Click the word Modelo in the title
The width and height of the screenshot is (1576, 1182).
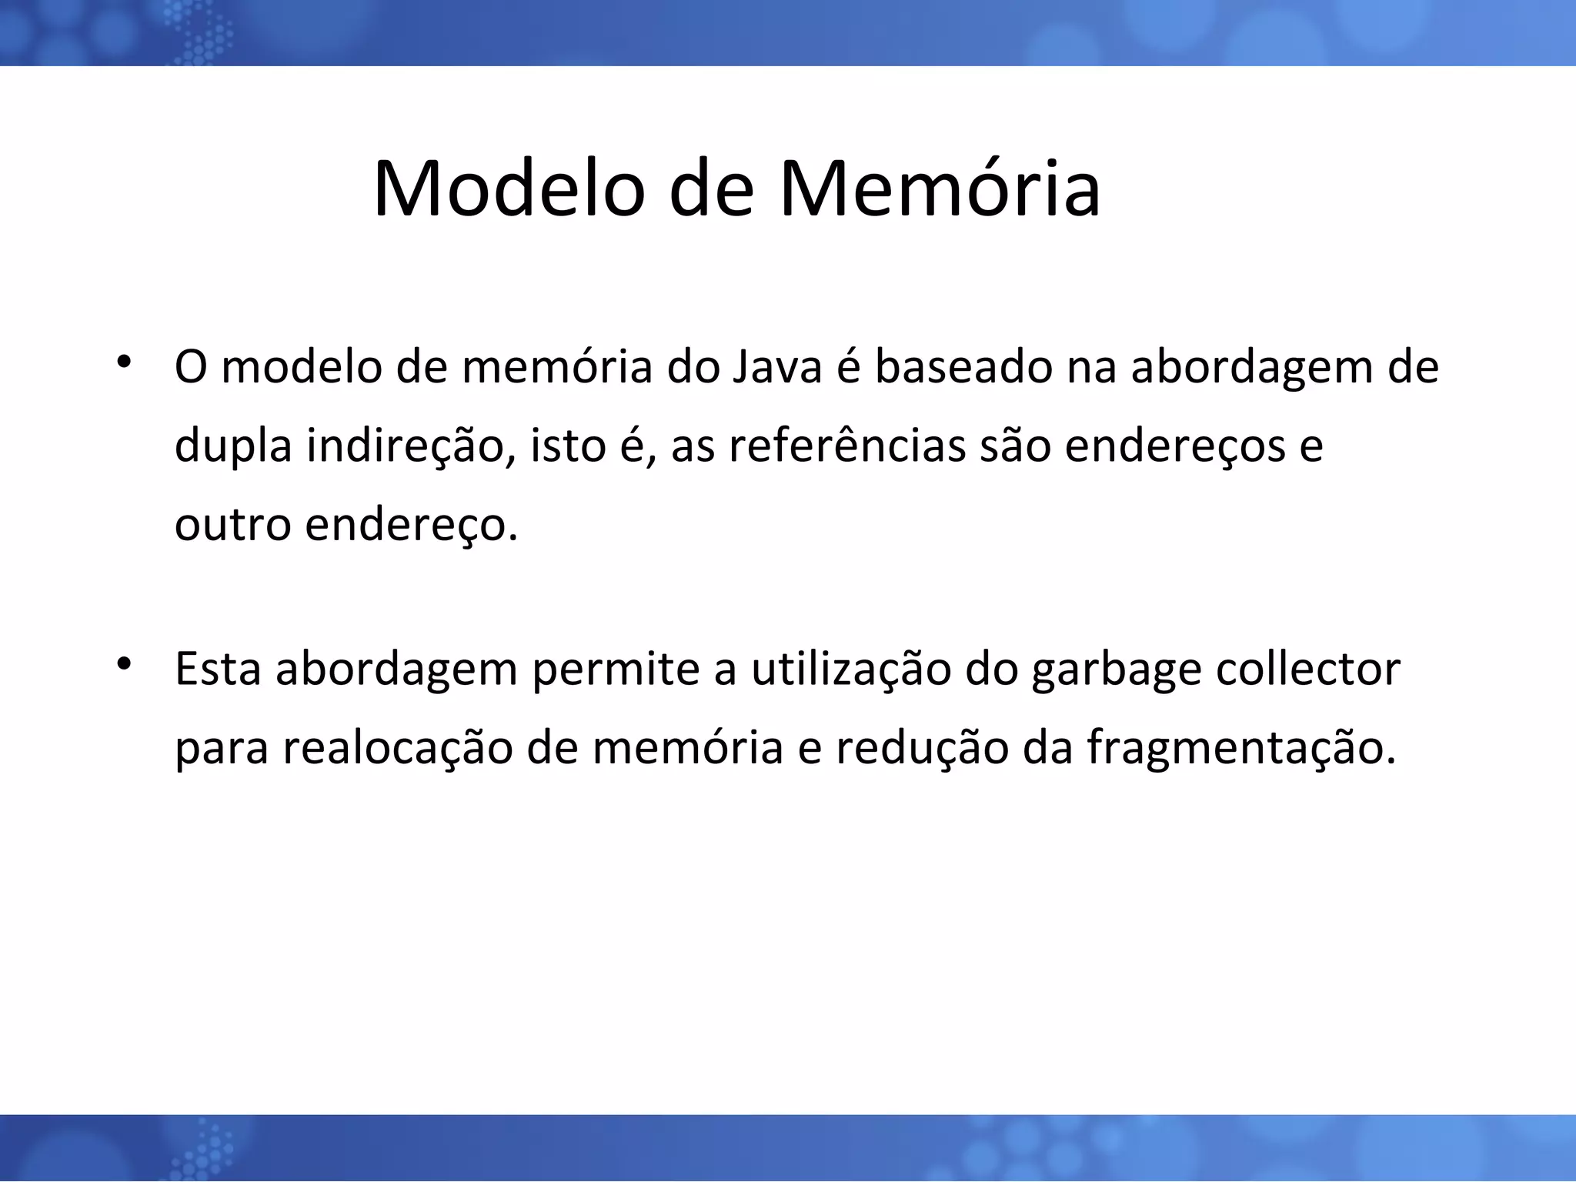508,189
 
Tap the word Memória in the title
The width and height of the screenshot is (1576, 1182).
940,189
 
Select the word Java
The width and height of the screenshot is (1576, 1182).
778,367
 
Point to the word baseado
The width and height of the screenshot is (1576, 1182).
963,367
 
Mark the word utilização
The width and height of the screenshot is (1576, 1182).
851,669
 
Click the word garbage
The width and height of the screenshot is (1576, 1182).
1116,669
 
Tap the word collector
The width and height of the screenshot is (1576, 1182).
1308,669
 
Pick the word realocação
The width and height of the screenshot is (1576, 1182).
397,748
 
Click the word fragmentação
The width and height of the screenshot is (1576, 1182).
1240,748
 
